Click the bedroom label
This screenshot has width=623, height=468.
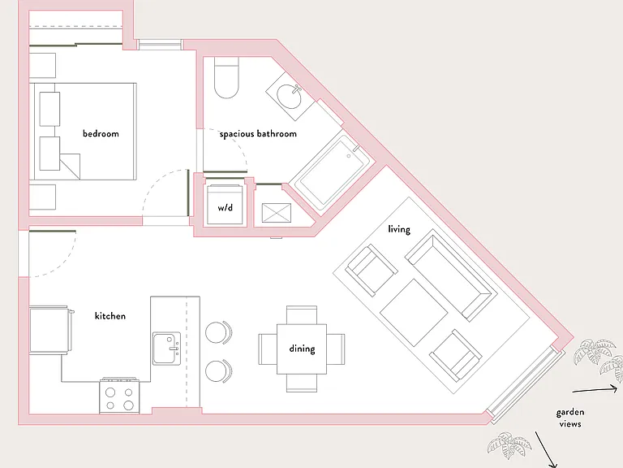[x=101, y=133]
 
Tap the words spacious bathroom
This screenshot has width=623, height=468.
[x=258, y=134]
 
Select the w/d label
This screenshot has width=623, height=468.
[x=225, y=207]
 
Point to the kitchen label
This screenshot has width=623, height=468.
[x=110, y=315]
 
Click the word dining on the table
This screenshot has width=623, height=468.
[x=302, y=349]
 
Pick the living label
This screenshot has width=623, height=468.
[x=399, y=229]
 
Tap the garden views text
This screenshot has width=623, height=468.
[x=570, y=418]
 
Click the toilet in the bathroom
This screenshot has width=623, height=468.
[x=226, y=78]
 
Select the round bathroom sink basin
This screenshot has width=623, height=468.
[x=290, y=97]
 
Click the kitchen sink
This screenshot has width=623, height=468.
[x=167, y=349]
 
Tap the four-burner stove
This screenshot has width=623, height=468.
[x=119, y=396]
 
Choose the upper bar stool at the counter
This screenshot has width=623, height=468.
[x=218, y=332]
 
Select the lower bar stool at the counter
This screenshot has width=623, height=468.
[x=218, y=370]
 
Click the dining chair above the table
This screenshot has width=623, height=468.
[x=302, y=314]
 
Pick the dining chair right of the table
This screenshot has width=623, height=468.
[x=336, y=349]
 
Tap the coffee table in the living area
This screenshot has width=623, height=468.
[x=414, y=312]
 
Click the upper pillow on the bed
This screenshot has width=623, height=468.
[x=49, y=109]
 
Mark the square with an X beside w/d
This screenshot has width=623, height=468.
[x=277, y=213]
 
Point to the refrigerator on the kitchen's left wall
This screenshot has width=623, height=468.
[x=50, y=330]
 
